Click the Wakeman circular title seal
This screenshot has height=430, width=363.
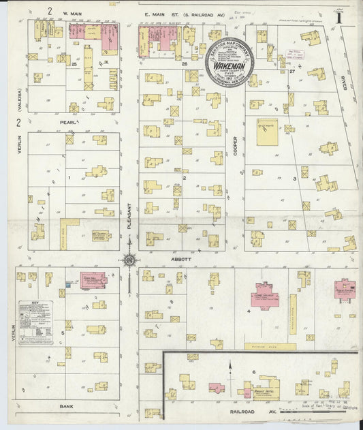click(x=230, y=59)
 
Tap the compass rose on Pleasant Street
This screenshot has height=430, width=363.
click(x=130, y=259)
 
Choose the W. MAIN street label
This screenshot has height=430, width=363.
click(x=72, y=13)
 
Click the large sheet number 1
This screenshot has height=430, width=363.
click(x=338, y=16)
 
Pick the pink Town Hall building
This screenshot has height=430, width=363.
click(x=93, y=279)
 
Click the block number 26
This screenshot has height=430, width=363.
click(x=185, y=63)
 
